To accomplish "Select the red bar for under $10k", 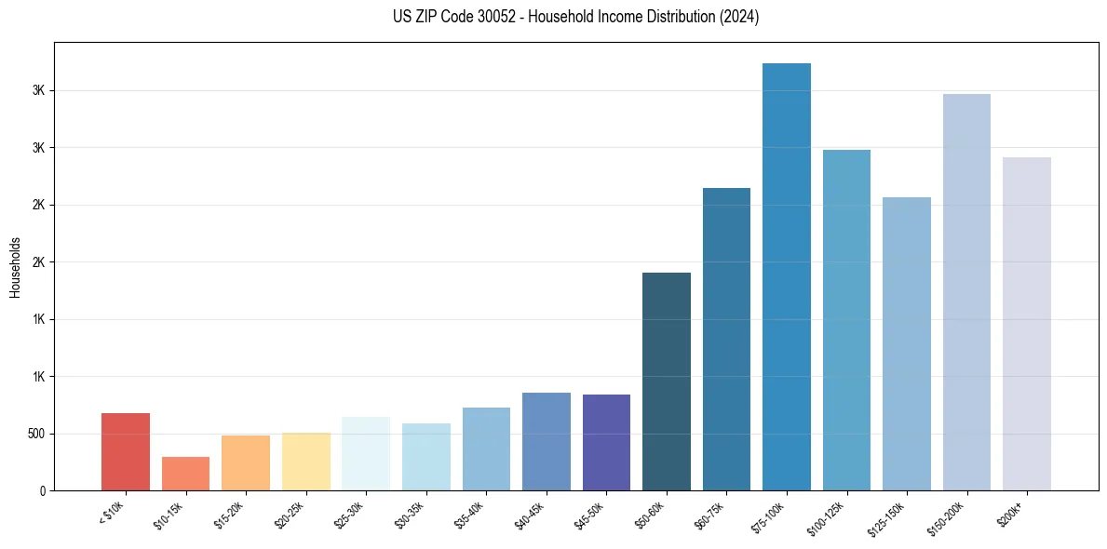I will point(126,451).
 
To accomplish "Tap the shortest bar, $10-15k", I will point(185,474).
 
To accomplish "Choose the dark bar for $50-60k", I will point(667,382).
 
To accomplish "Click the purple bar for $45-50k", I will point(606,442).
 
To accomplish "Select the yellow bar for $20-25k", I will point(306,462).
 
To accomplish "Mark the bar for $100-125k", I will point(846,320).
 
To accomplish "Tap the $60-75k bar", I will point(726,339).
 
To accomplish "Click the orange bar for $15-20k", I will point(246,462).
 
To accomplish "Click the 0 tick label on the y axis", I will point(43,491).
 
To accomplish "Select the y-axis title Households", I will point(15,267).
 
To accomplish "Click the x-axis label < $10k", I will point(115,512).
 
